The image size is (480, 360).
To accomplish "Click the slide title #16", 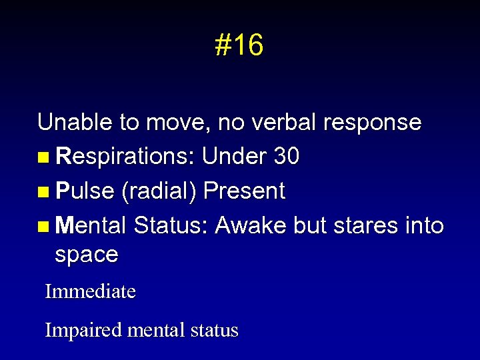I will pyautogui.click(x=239, y=45).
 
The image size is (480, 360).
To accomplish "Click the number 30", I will pyautogui.click(x=287, y=157).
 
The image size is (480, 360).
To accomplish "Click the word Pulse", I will pyautogui.click(x=85, y=191).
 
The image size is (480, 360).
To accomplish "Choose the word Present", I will pyautogui.click(x=244, y=191).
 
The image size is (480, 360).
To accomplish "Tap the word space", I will pyautogui.click(x=87, y=255).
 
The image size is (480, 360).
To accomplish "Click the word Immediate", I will pyautogui.click(x=90, y=291).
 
